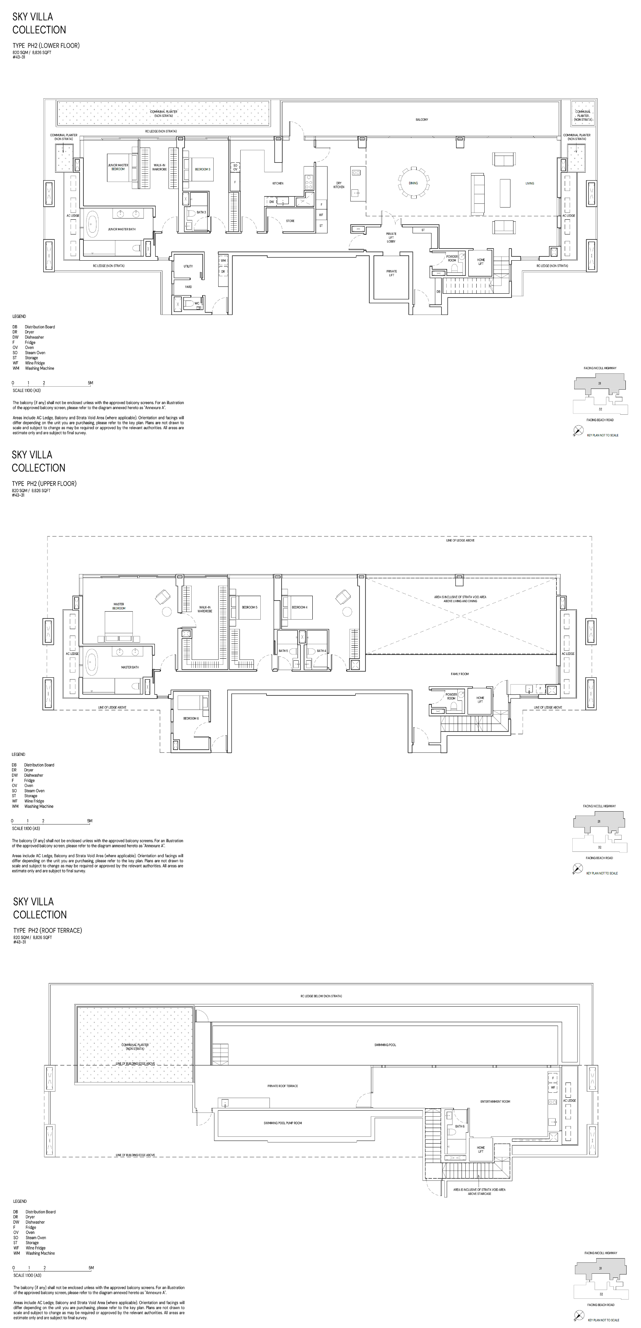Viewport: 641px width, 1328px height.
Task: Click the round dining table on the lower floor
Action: click(x=413, y=183)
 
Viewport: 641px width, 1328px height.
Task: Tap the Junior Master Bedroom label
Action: click(x=118, y=167)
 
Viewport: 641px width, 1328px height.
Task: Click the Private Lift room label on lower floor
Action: click(x=391, y=273)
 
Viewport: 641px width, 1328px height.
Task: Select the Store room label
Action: click(x=290, y=221)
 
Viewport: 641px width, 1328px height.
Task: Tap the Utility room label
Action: click(x=188, y=266)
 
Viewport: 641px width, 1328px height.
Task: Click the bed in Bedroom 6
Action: click(x=192, y=702)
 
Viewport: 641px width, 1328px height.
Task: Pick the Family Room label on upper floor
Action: click(x=460, y=674)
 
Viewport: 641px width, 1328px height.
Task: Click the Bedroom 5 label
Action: click(x=250, y=607)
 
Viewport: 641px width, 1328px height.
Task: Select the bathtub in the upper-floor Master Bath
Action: click(x=92, y=662)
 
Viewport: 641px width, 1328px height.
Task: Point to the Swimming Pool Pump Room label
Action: click(x=283, y=1123)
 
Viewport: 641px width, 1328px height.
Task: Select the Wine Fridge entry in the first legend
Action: click(x=35, y=363)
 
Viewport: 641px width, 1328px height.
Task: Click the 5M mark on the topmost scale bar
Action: click(x=90, y=383)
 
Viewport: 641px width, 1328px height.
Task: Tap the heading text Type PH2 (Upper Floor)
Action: click(x=45, y=483)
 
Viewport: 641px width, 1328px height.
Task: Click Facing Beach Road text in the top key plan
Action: click(x=600, y=420)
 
